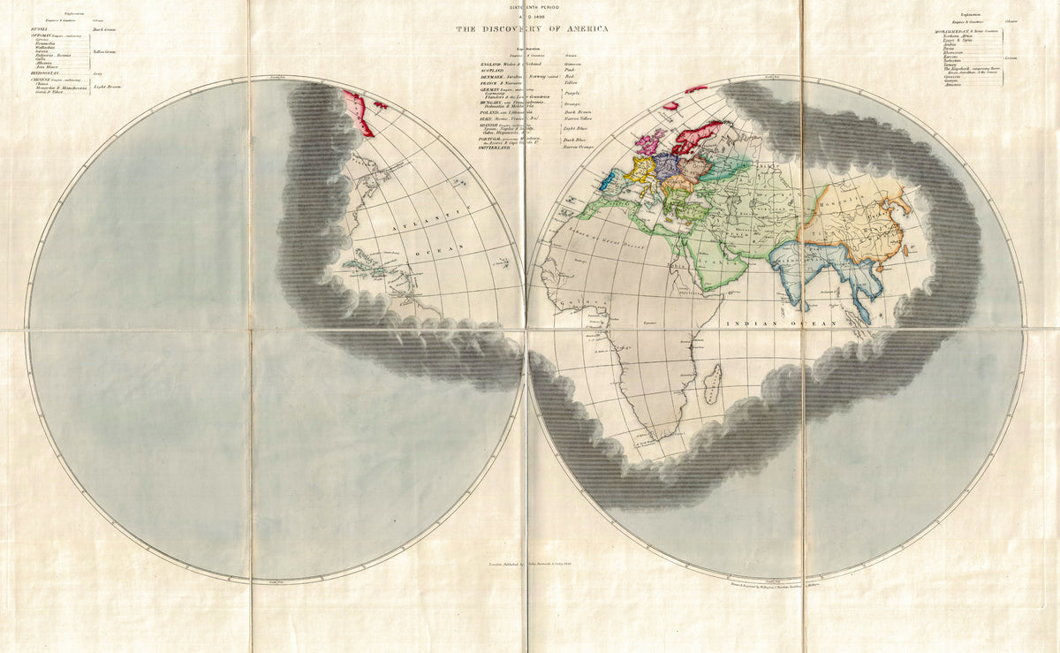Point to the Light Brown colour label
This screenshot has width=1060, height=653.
click(107, 87)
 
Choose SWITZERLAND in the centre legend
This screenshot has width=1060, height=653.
click(496, 148)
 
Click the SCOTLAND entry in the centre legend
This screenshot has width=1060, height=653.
click(491, 70)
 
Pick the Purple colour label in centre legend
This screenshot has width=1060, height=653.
click(572, 92)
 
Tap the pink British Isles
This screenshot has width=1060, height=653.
click(648, 143)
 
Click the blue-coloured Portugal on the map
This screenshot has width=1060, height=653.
click(608, 184)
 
